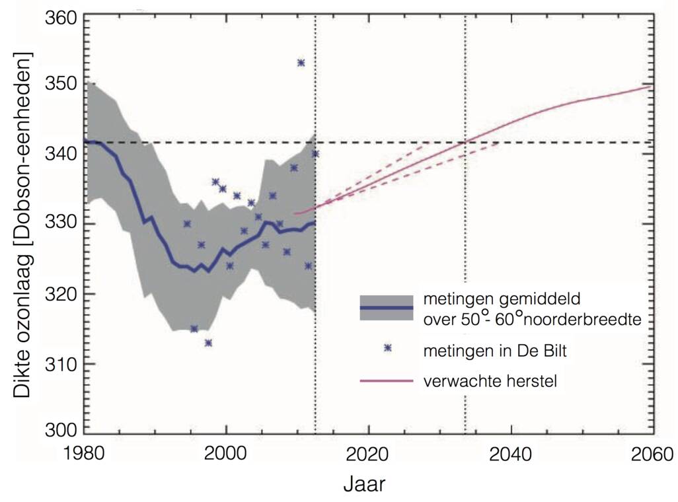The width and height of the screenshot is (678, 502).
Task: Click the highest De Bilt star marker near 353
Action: [x=301, y=63]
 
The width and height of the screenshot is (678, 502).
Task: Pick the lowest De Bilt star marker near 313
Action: [x=208, y=343]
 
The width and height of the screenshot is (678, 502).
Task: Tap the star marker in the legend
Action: [x=387, y=348]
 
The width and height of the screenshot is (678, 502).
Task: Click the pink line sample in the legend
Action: [x=387, y=381]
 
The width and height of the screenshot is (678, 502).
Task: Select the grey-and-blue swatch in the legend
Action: [x=387, y=308]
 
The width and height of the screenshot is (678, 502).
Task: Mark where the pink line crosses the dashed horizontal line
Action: [x=466, y=141]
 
